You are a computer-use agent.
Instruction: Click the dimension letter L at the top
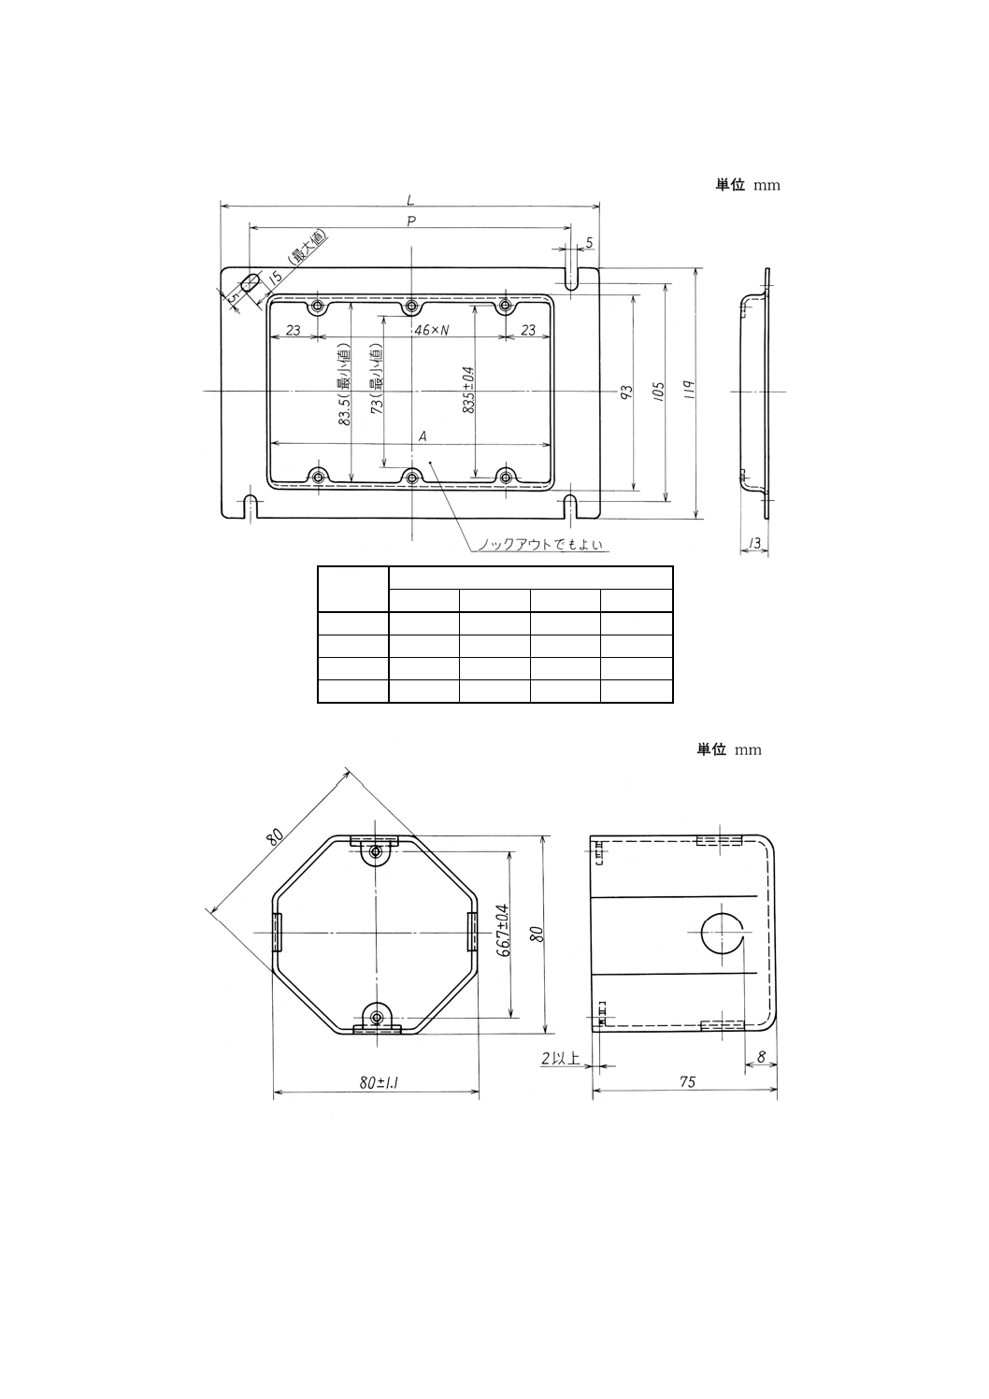tap(410, 197)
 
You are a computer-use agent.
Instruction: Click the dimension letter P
tap(410, 221)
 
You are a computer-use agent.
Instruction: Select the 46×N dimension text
tap(431, 330)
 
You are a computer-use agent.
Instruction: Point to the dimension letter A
tap(423, 435)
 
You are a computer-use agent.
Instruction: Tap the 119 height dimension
tap(689, 390)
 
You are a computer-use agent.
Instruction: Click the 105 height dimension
tap(658, 390)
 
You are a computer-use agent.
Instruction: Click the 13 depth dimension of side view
tap(754, 543)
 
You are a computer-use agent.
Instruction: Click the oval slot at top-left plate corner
tap(251, 283)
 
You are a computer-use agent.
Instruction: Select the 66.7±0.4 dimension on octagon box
tap(503, 931)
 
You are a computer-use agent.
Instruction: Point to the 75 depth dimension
tap(687, 1082)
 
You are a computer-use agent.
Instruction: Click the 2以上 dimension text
tap(561, 1058)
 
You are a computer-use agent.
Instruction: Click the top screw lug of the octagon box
tap(376, 851)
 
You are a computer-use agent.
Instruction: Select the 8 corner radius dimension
tap(762, 1057)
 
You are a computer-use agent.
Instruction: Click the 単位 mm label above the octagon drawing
tap(729, 749)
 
